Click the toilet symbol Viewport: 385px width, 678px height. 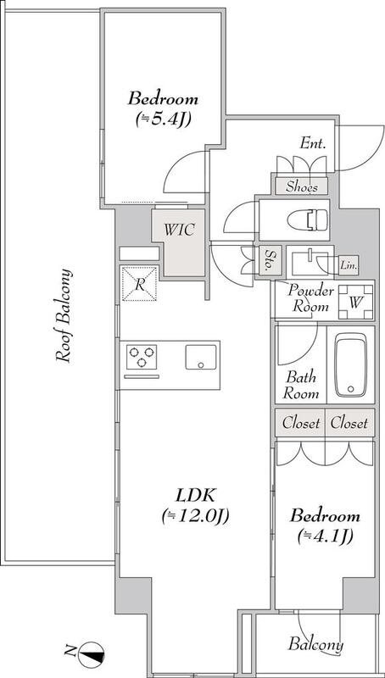[x=308, y=220]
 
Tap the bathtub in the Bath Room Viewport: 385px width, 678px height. [x=350, y=364]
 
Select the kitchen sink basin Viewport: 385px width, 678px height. [x=201, y=357]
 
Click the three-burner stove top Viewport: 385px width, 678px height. [x=142, y=357]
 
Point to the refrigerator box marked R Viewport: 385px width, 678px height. [x=139, y=284]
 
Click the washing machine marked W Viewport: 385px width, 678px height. [x=355, y=302]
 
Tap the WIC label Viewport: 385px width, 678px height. [x=179, y=230]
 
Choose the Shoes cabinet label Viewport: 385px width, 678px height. [x=302, y=186]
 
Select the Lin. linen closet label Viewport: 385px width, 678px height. [x=349, y=266]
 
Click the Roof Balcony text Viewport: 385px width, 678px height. [x=64, y=316]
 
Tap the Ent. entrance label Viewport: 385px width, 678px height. [x=312, y=143]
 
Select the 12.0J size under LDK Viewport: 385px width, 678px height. [x=195, y=515]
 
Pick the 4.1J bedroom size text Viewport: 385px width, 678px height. [x=325, y=536]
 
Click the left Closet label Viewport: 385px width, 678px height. [x=301, y=423]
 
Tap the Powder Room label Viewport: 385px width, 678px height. [x=311, y=298]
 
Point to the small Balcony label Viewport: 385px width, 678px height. [x=315, y=644]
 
